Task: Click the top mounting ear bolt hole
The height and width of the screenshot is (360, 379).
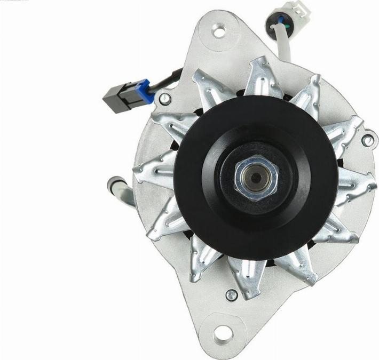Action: (x=218, y=30)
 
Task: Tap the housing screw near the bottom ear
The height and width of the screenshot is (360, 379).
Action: (x=231, y=294)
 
